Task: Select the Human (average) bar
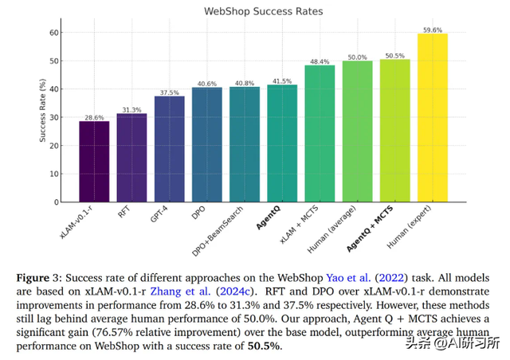[x=357, y=131]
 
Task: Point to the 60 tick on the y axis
[x=54, y=33]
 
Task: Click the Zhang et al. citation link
[x=189, y=292]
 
